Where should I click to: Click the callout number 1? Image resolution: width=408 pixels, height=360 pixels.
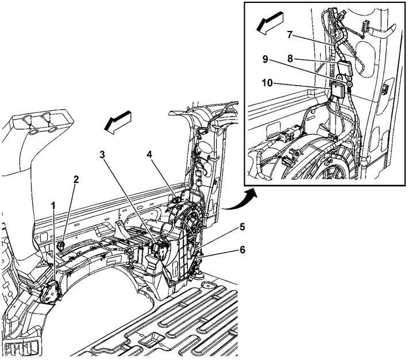pos(53,205)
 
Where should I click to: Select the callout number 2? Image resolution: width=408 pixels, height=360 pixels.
pos(75,180)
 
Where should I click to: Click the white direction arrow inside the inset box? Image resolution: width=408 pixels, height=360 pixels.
pos(269,25)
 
